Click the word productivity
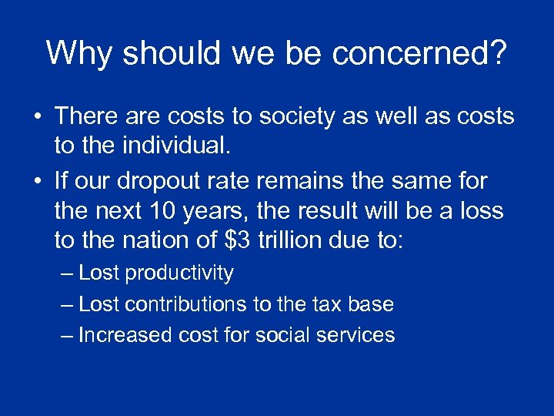coord(179,273)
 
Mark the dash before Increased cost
coord(67,335)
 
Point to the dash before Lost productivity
coord(67,273)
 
